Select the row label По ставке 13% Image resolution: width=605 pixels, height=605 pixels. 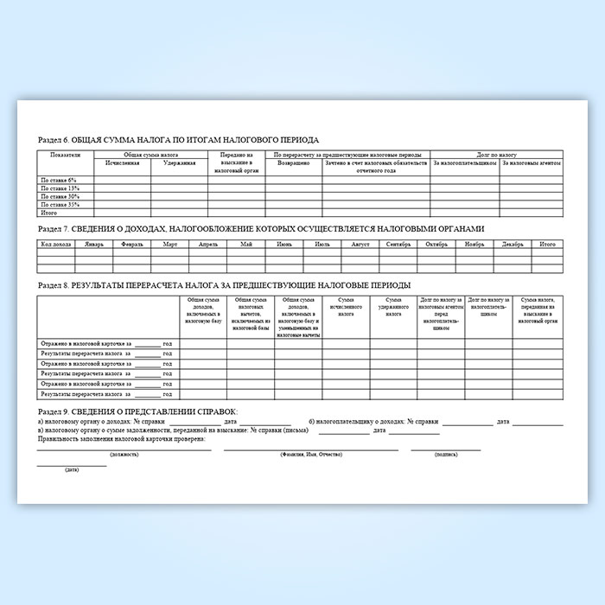60,188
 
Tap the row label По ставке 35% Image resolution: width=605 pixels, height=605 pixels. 60,204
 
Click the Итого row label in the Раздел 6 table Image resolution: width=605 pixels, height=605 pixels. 49,212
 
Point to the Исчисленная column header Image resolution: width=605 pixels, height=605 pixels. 122,162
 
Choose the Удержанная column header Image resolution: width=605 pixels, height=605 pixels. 179,162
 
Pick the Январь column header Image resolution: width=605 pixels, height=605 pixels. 94,245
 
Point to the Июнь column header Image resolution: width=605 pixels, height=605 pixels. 283,245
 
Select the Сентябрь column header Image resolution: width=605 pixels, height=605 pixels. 398,245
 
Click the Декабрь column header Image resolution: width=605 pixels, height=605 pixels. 513,245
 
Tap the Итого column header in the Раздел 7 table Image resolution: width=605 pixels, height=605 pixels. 547,245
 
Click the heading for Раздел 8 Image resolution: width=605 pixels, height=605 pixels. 225,284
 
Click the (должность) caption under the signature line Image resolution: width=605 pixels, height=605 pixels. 124,454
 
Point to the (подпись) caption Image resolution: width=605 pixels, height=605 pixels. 446,454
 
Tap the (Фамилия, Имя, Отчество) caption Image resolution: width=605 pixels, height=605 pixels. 311,454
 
